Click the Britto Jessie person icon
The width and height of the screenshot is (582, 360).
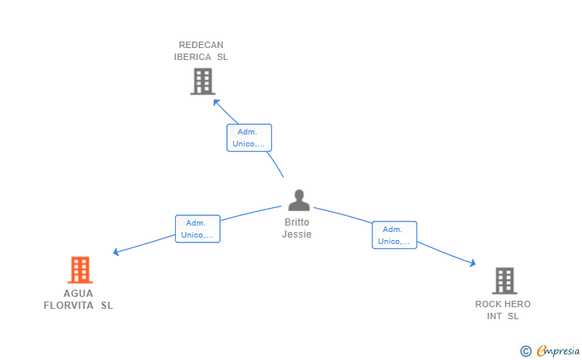(x=299, y=200)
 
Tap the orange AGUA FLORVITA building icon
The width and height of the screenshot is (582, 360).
(x=80, y=270)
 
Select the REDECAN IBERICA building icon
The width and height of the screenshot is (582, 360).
(x=203, y=82)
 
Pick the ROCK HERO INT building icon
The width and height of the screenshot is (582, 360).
(x=504, y=281)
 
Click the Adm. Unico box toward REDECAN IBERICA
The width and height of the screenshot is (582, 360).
(x=249, y=138)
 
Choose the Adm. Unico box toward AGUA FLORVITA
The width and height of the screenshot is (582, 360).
(x=197, y=229)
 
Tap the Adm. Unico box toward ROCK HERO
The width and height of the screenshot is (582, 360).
(x=394, y=235)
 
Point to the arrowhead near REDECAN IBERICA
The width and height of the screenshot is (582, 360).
(x=216, y=102)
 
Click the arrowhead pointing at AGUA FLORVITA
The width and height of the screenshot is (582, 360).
(x=116, y=252)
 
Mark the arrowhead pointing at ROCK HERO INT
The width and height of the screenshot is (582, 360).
(x=473, y=263)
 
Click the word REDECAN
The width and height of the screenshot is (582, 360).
(x=201, y=45)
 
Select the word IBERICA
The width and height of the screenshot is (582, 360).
(x=193, y=57)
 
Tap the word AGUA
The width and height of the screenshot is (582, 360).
(x=78, y=294)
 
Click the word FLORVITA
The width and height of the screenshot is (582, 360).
(x=69, y=306)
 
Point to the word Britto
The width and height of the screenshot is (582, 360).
(x=297, y=222)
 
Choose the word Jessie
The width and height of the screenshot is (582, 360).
(x=297, y=234)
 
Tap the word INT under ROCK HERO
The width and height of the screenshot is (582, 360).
(x=494, y=316)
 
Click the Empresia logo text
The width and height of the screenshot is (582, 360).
(x=558, y=350)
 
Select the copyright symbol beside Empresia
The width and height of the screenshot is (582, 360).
(x=526, y=351)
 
